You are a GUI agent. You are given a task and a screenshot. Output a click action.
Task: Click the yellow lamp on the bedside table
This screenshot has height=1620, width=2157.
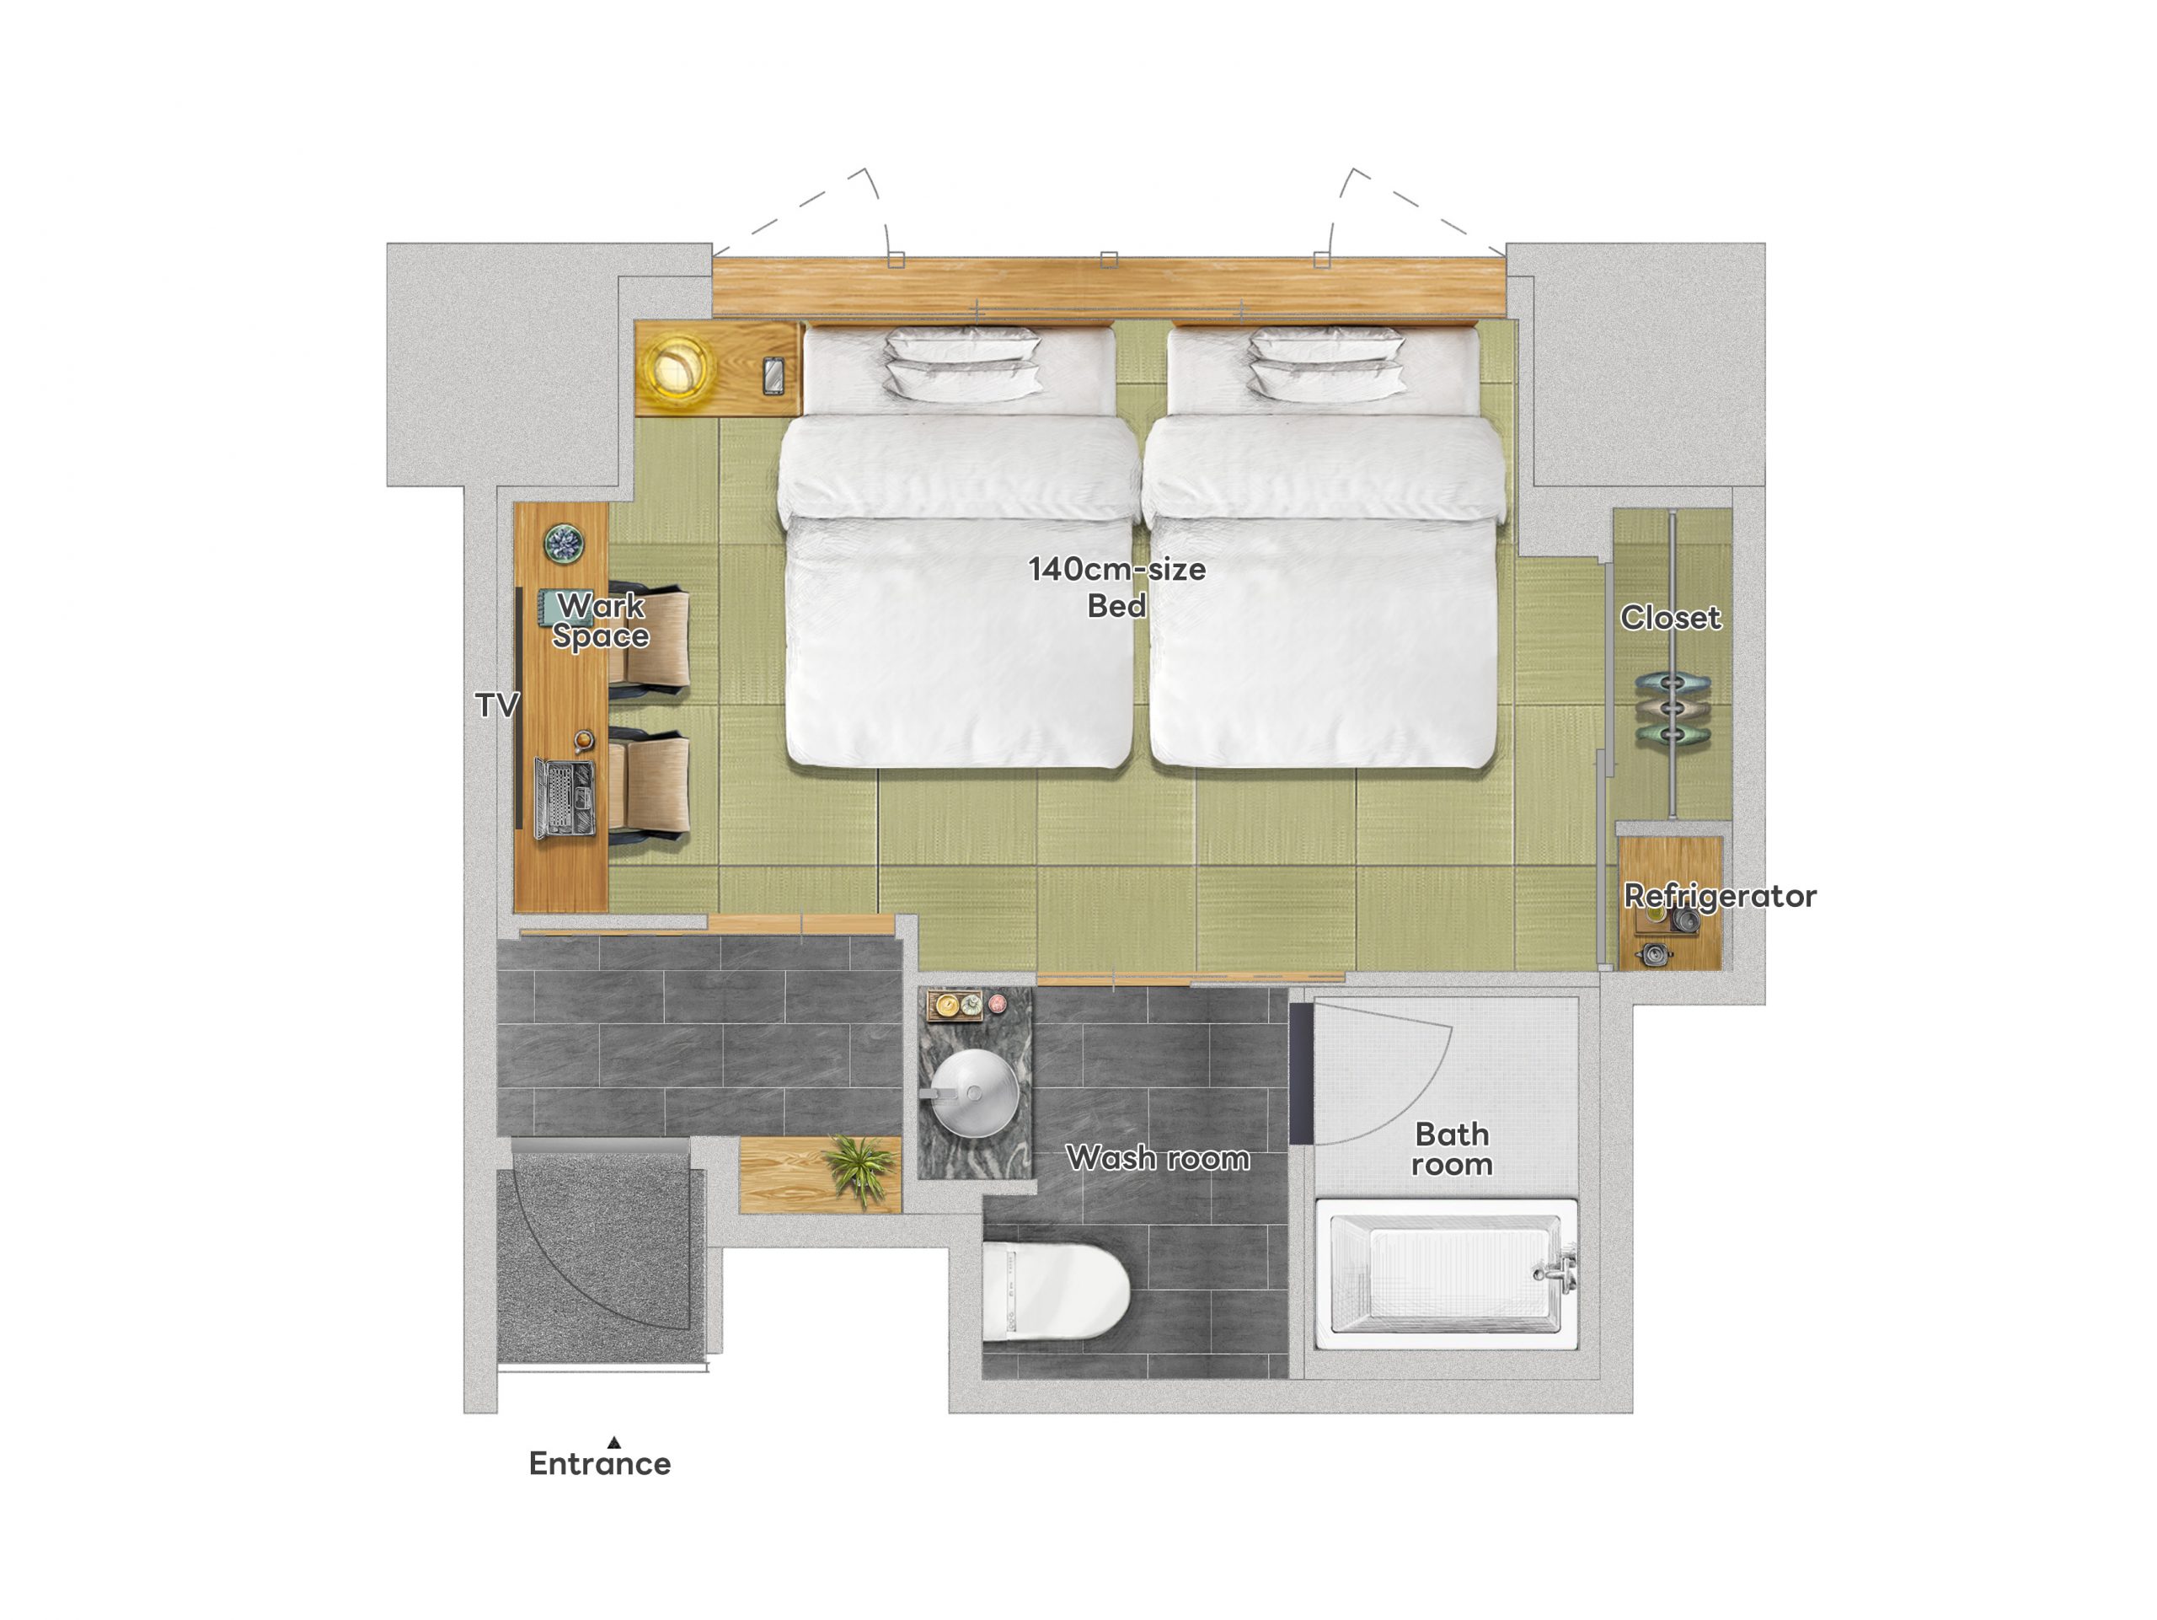(675, 367)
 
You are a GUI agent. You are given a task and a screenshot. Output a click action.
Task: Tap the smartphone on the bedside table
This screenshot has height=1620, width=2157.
(773, 375)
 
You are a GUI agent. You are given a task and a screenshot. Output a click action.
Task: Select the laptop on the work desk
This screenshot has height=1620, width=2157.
(564, 798)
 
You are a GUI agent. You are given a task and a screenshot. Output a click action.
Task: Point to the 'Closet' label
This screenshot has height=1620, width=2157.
(1670, 617)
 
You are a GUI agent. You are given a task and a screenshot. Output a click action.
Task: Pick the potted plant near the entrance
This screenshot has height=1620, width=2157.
(858, 1167)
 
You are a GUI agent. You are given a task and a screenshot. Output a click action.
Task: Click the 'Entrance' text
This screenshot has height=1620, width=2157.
(600, 1463)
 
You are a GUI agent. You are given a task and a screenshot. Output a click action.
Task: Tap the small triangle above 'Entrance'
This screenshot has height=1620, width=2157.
(613, 1441)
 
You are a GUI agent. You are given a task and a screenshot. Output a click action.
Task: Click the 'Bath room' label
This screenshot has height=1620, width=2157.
(1452, 1149)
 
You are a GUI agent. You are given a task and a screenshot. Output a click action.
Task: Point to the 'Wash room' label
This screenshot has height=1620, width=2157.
(1158, 1158)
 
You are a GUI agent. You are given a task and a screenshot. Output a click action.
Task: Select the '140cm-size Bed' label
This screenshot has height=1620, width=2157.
(1116, 587)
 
